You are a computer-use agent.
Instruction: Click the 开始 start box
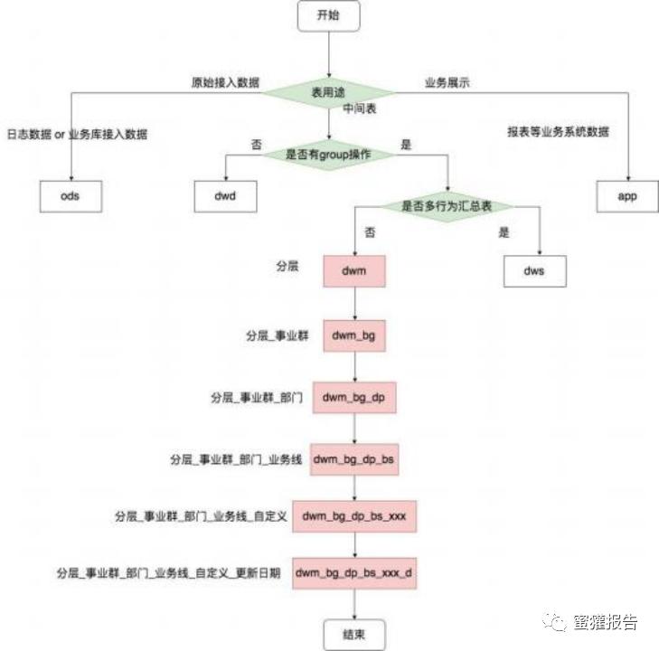[x=329, y=16]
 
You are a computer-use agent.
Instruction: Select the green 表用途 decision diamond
[x=329, y=92]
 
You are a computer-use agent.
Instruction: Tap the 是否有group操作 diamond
[x=329, y=155]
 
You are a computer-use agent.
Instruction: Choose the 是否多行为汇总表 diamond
[x=445, y=205]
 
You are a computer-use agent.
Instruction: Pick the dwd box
[x=226, y=195]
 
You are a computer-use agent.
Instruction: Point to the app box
[x=627, y=195]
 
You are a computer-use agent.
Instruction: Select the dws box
[x=534, y=270]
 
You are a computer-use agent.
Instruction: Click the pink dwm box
[x=354, y=270]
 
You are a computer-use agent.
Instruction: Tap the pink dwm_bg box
[x=354, y=335]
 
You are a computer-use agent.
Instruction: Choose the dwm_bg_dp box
[x=354, y=397]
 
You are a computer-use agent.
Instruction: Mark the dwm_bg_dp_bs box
[x=354, y=459]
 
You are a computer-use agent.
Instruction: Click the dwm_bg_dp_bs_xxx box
[x=354, y=516]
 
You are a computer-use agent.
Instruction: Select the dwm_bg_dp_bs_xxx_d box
[x=354, y=573]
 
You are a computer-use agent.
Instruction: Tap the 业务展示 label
[x=447, y=83]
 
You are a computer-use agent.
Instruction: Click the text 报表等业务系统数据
[x=558, y=132]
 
